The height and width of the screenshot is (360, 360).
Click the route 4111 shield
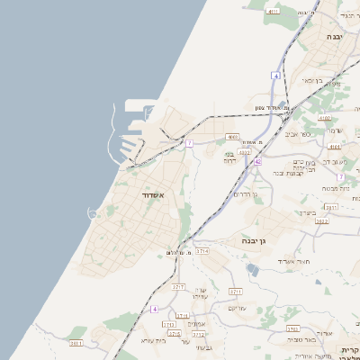click(273, 12)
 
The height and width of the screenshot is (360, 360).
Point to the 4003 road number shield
click(233, 137)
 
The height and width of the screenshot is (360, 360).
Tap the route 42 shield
click(257, 161)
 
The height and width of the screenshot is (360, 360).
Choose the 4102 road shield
click(325, 117)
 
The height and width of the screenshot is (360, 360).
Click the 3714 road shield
click(202, 250)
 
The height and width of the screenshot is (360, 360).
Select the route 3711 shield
click(236, 292)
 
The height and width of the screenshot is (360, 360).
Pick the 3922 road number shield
click(322, 220)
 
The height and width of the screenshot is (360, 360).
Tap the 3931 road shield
click(76, 343)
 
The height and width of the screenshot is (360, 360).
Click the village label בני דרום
click(229, 158)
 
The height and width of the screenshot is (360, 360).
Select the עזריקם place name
click(237, 309)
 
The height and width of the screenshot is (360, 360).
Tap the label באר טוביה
click(305, 339)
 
